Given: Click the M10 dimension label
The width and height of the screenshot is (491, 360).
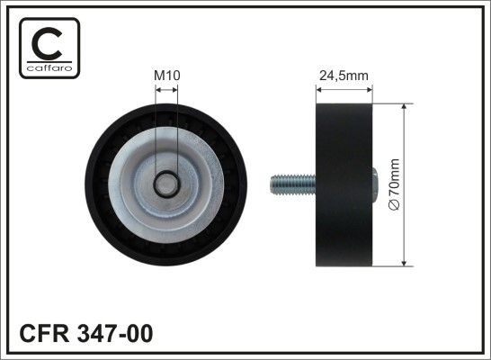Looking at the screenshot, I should (x=166, y=76).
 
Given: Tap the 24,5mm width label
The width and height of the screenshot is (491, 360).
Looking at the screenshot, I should (x=344, y=76).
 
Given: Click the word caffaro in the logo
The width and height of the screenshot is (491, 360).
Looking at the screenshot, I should (x=47, y=67).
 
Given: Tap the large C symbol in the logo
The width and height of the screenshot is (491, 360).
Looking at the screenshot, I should (x=47, y=41).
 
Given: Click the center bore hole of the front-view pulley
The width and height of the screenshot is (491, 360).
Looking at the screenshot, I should (x=166, y=184).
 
